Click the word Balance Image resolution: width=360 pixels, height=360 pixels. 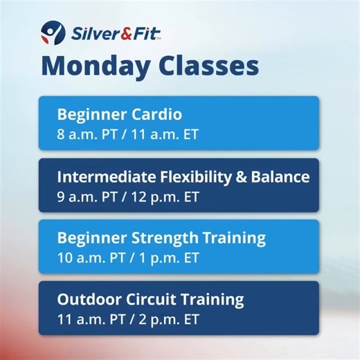coord(283,177)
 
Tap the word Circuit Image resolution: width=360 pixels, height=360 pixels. coord(148,300)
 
